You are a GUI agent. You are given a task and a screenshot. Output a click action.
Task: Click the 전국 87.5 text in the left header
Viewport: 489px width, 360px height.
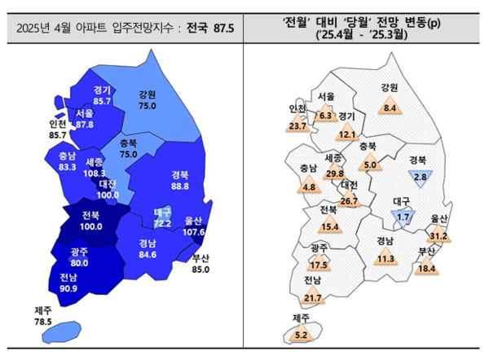(210, 27)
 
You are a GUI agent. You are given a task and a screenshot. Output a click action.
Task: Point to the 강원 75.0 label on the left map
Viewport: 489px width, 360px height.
(148, 99)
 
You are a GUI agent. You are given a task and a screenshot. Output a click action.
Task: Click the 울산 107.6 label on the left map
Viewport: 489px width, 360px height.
(193, 226)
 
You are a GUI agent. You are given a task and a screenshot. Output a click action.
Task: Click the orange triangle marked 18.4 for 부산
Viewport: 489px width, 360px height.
(428, 267)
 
